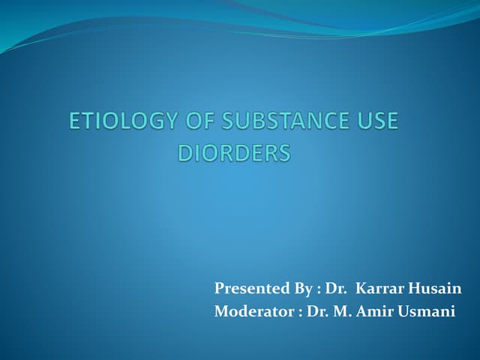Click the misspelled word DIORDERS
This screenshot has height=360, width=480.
[233, 154]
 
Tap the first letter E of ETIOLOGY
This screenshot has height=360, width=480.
[75, 122]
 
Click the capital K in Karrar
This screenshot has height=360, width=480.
[361, 289]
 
